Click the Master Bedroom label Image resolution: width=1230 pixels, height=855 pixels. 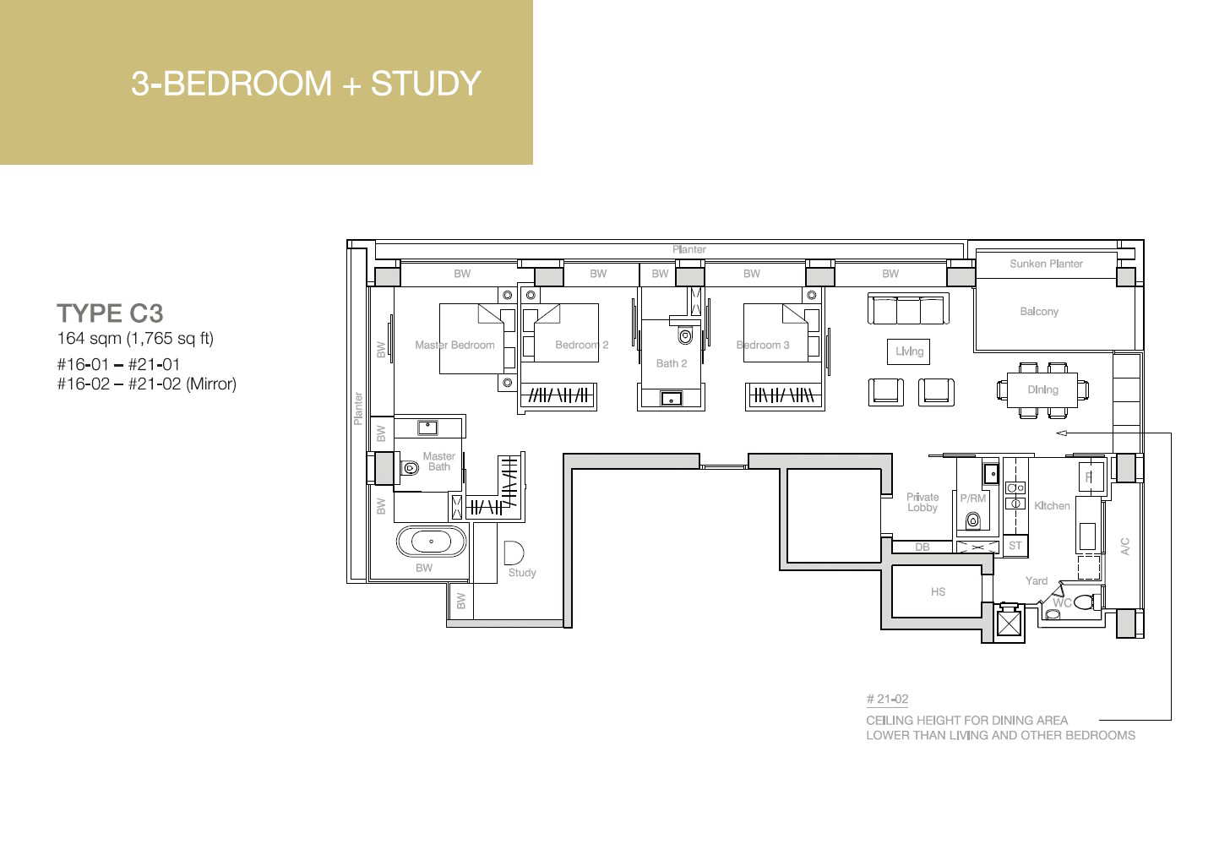coord(454,345)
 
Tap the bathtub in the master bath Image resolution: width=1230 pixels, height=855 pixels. coord(431,542)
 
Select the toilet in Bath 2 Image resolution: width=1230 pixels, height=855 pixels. coord(685,335)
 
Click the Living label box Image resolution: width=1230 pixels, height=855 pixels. coord(909,351)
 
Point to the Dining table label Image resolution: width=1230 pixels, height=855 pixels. coord(1042,389)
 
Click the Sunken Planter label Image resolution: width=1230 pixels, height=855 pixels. coord(1046,264)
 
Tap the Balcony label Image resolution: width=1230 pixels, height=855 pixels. coord(1039,312)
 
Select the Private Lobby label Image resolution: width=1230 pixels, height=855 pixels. coord(922,502)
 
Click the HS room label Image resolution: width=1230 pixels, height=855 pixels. coord(938,591)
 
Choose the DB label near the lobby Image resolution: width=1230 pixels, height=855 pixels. coord(922,547)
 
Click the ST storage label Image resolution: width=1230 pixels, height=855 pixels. coord(1015,545)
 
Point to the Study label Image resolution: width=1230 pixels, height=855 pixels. coord(522,573)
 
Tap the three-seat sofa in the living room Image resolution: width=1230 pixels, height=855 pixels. coord(908,309)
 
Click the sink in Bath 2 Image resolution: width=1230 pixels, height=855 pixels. coord(671,398)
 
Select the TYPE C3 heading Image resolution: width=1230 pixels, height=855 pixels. coord(111,313)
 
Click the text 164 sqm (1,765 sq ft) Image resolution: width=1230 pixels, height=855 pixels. coord(135,338)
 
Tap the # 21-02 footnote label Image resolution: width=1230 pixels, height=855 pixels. coord(887,699)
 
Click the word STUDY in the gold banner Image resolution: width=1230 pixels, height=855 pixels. coord(426,84)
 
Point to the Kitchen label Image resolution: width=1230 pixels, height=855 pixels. coord(1052,506)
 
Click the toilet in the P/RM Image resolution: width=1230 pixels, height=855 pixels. coord(973,520)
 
